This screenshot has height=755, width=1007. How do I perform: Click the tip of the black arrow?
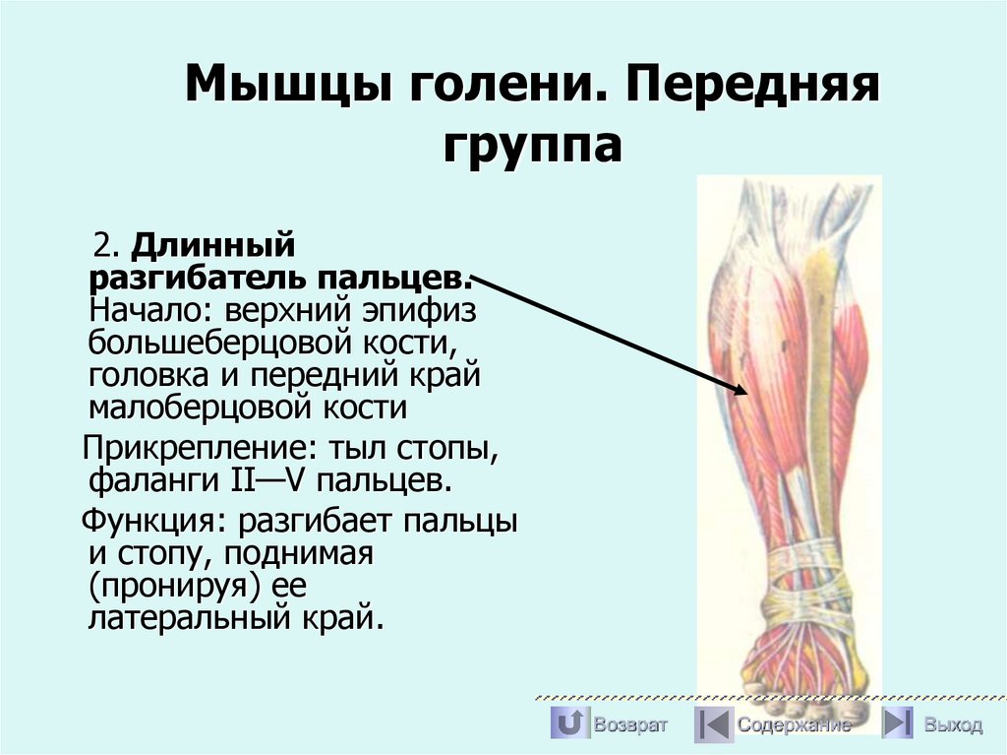click(746, 392)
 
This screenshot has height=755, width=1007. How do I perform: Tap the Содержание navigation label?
click(795, 725)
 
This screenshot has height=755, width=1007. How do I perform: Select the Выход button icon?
click(896, 724)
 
